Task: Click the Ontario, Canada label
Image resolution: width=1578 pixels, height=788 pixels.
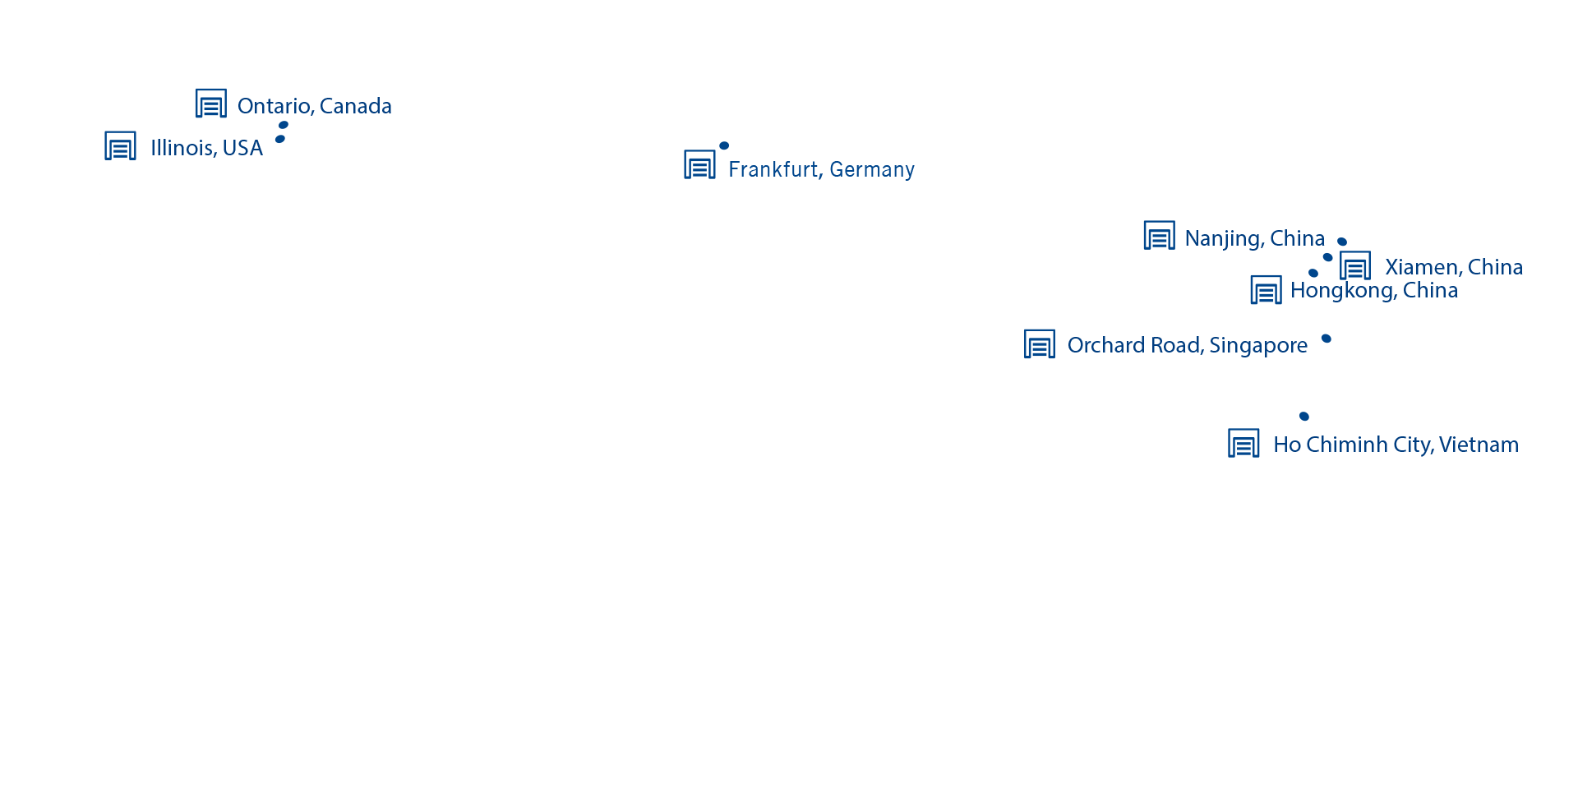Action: [314, 106]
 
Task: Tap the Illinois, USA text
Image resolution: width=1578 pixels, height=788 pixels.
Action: [206, 148]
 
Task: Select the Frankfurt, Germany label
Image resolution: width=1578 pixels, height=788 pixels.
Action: [821, 169]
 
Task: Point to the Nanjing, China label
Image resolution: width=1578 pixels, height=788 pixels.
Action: [1254, 238]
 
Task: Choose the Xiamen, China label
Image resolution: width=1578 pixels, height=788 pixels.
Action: [1454, 267]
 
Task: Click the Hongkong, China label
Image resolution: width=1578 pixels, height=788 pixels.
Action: [1374, 290]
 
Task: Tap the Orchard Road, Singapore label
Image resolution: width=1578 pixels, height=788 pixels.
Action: [1187, 345]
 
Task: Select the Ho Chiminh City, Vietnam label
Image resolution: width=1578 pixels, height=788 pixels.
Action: [1396, 445]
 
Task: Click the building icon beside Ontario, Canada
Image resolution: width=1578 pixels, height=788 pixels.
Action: [211, 104]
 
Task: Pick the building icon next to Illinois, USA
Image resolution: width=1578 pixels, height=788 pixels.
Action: [121, 145]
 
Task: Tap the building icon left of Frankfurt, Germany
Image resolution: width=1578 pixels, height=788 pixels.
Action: [700, 164]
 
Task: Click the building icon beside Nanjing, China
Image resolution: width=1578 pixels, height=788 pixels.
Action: [1160, 235]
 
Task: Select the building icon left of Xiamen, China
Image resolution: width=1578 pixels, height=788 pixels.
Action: [1355, 265]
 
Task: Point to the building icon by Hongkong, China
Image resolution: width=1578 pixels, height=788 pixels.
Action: [1267, 289]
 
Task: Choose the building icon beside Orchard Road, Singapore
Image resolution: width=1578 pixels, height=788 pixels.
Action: [1040, 343]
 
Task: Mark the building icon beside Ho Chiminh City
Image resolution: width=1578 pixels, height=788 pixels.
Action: [1244, 443]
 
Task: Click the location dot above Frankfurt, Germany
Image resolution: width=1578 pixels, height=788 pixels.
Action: [724, 145]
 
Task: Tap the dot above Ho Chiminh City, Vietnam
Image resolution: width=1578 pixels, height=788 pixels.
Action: [1304, 417]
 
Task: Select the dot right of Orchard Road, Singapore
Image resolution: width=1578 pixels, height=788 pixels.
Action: [1327, 339]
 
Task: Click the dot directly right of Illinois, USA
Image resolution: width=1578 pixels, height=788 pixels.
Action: [280, 139]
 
